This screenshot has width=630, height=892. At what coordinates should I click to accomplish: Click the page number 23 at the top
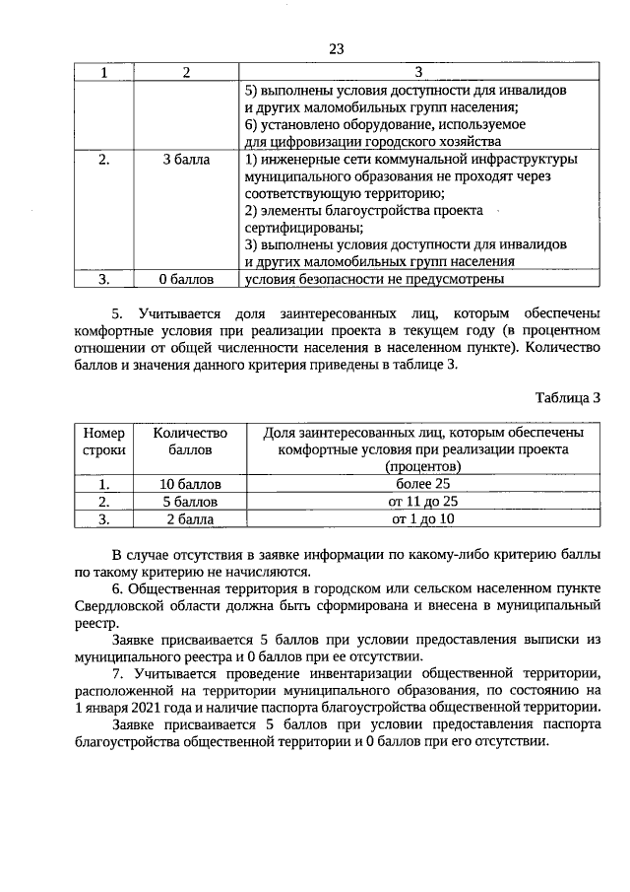336,49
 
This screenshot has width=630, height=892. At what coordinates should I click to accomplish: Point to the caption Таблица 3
567,398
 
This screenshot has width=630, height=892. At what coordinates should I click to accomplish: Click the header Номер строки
104,442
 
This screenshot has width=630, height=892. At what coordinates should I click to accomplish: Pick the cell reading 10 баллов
190,484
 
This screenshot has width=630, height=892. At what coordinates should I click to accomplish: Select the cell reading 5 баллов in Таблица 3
190,501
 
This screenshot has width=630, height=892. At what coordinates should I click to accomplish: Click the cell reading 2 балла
190,517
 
